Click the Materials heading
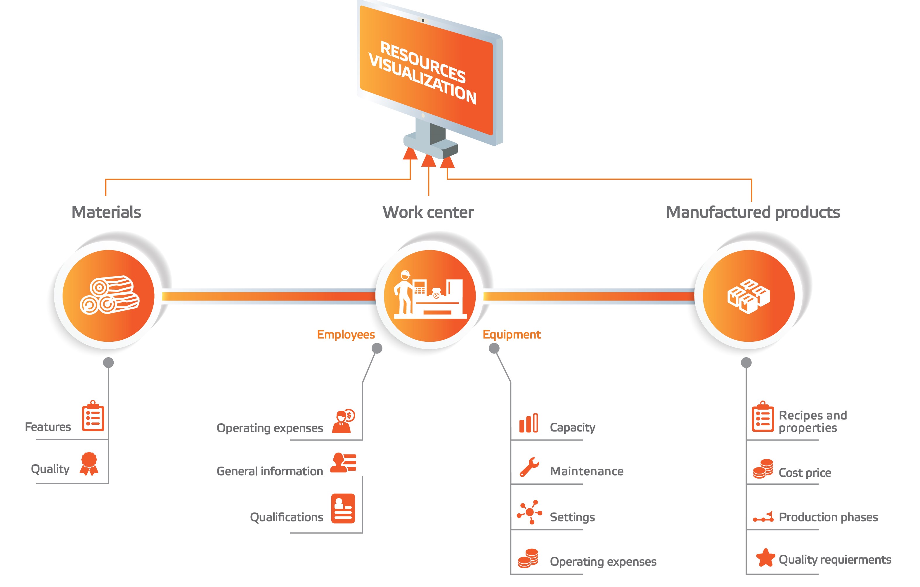(106, 212)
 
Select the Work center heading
(428, 212)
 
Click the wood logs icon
(109, 295)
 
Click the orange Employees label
(346, 335)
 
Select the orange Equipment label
(512, 335)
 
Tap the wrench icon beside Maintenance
(529, 467)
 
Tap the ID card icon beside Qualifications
(343, 509)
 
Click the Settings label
(572, 517)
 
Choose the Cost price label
(805, 473)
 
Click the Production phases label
(828, 517)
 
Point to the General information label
(270, 472)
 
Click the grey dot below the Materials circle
(108, 362)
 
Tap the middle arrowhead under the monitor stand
(429, 160)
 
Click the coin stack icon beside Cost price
(763, 469)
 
